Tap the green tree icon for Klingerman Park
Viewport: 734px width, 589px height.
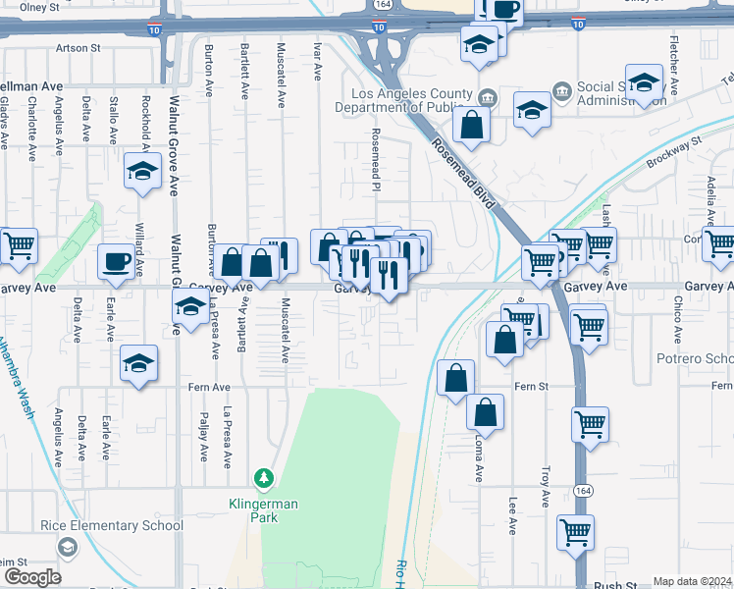pyautogui.click(x=263, y=479)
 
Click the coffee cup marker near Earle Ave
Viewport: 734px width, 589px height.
pyautogui.click(x=116, y=261)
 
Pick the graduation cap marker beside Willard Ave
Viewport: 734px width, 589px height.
pyautogui.click(x=142, y=171)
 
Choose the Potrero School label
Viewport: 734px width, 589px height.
pyautogui.click(x=695, y=358)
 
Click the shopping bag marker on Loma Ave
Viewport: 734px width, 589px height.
pyautogui.click(x=485, y=412)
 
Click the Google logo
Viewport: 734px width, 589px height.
pyautogui.click(x=31, y=577)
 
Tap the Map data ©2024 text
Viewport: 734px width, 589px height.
pyautogui.click(x=692, y=581)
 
